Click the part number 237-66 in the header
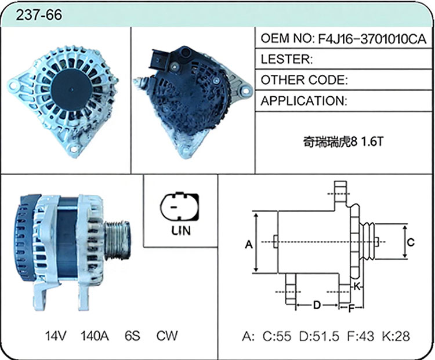(39, 14)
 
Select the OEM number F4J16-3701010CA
(372, 39)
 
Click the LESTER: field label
(287, 59)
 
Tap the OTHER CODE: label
(304, 80)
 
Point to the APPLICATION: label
(304, 101)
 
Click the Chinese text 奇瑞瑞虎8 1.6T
(343, 141)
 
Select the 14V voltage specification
(56, 336)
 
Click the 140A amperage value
(95, 336)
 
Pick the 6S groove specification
(132, 336)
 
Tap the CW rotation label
(166, 336)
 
